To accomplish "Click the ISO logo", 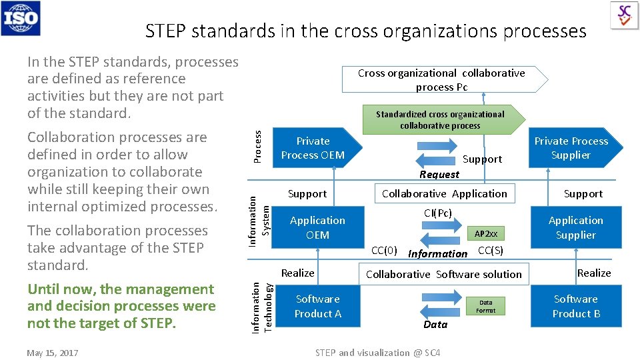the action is (x=21, y=18).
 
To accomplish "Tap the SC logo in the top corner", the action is (x=625, y=15).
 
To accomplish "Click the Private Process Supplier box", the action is (x=571, y=148).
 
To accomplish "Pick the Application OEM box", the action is (x=317, y=227).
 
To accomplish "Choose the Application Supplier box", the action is (x=575, y=227).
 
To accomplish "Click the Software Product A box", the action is (x=317, y=306).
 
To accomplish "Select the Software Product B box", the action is (x=575, y=306).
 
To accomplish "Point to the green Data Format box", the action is (x=485, y=307).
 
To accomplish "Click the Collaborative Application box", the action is (x=444, y=194).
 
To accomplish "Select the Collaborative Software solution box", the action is (x=444, y=274).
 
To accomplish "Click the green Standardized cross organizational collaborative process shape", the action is (x=440, y=120).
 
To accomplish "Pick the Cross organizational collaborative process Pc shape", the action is (x=441, y=80).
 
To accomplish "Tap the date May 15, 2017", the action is (x=52, y=353).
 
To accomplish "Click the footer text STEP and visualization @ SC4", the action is (x=377, y=353).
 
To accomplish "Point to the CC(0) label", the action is (x=384, y=251).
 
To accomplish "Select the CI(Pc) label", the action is (x=438, y=213).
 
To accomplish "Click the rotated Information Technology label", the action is (x=261, y=307).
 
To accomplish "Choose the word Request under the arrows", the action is (x=439, y=175).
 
